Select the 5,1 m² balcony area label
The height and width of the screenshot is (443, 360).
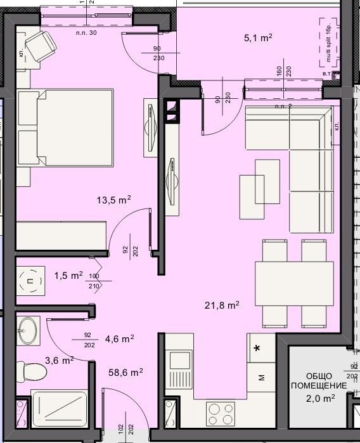(x=257, y=38)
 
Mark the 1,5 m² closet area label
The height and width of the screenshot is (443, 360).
(x=68, y=276)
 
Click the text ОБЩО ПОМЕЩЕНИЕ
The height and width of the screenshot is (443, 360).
(x=311, y=380)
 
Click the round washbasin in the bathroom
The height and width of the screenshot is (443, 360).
(x=28, y=331)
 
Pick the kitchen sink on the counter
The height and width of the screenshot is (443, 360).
(x=180, y=368)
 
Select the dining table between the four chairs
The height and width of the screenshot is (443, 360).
(x=290, y=283)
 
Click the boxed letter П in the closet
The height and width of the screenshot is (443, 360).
(x=30, y=278)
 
